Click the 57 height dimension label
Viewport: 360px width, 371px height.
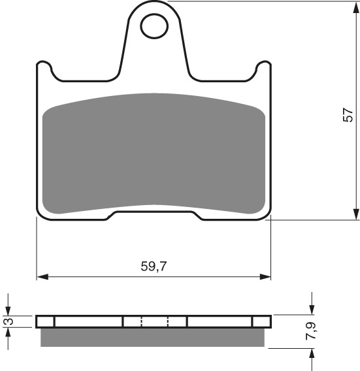(x=350, y=114)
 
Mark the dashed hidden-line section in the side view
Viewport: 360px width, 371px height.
(x=155, y=321)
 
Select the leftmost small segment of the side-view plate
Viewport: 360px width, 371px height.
(x=46, y=321)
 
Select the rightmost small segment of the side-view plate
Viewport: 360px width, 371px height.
(x=261, y=321)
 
